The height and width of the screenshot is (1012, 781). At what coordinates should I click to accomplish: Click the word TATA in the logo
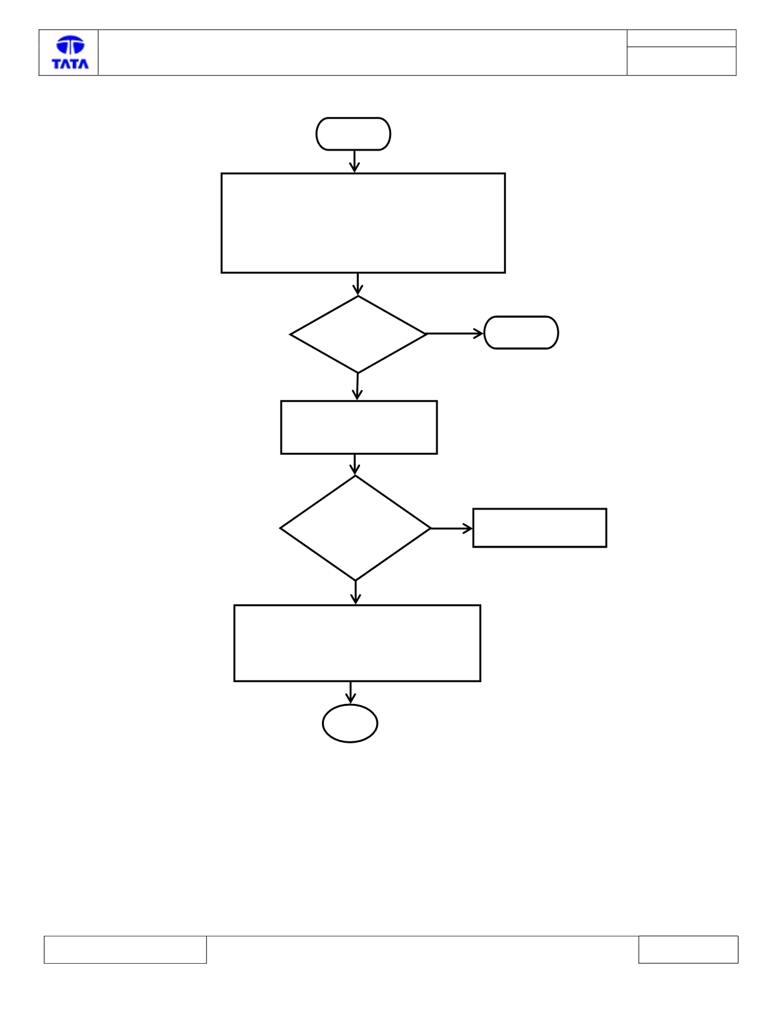coord(70,64)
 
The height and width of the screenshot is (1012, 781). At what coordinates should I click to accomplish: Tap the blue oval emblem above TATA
coord(70,44)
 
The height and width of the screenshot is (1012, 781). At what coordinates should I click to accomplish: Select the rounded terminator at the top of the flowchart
coord(353,134)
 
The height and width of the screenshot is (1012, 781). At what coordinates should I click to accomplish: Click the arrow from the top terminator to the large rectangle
coord(355,161)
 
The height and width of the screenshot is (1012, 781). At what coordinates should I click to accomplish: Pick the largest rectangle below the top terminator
coord(363,223)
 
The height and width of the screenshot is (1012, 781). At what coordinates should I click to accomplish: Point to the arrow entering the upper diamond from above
coord(357,285)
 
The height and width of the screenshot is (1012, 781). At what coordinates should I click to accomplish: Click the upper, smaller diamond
coord(358,334)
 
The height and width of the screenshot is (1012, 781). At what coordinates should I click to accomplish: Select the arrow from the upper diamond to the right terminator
coord(455,334)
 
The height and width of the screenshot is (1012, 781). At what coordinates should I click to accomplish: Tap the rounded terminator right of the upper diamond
coord(521,332)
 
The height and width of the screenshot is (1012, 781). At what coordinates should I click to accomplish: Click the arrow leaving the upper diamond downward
coord(357,386)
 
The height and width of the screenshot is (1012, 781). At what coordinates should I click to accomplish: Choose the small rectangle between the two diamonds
coord(359,428)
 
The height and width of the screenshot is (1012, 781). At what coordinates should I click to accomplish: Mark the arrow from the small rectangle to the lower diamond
coord(355,465)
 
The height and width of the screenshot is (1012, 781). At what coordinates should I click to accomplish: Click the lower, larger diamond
coord(356,528)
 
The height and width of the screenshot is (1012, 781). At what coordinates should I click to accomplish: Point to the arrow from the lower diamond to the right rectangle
coord(452,529)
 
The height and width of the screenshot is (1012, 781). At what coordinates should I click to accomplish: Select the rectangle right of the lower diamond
coord(540,528)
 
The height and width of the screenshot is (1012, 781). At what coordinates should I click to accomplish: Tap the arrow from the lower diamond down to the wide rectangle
coord(356,593)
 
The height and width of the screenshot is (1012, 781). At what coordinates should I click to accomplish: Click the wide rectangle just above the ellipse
coord(357,643)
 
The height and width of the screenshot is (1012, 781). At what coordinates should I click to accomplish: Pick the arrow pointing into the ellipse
coord(350,693)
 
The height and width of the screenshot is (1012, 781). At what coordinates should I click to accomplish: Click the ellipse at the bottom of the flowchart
coord(350,723)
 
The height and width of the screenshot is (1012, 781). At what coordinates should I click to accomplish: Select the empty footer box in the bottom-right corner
coord(688,950)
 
